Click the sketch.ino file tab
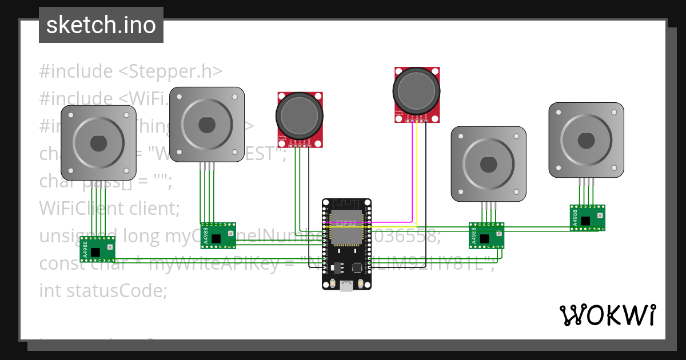tap(101, 25)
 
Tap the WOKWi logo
tap(607, 315)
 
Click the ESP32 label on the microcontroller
tap(346, 223)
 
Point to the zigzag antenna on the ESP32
tap(346, 204)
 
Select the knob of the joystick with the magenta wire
tap(417, 90)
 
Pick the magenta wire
tap(412, 171)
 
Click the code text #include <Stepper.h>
tap(130, 71)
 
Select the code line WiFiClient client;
tap(109, 209)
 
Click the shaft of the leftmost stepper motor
tap(98, 143)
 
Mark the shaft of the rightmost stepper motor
tap(586, 140)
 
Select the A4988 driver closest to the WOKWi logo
tap(587, 218)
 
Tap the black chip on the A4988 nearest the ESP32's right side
tap(484, 238)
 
